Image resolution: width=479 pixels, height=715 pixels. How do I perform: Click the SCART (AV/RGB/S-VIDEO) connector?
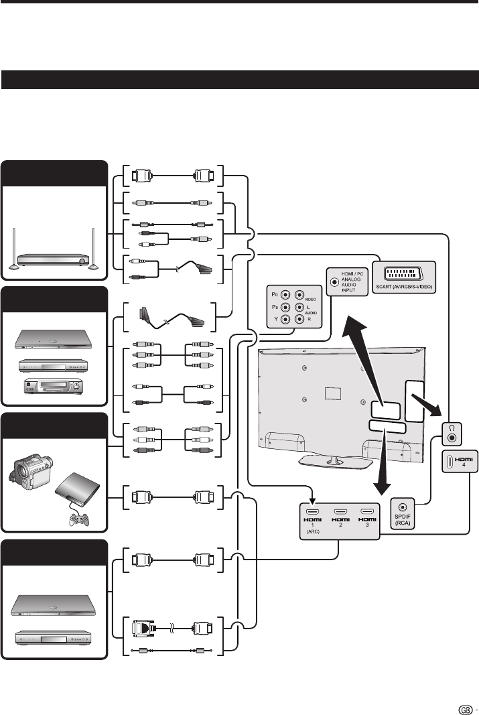[x=404, y=274]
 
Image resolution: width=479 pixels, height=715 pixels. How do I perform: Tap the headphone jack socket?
[x=452, y=438]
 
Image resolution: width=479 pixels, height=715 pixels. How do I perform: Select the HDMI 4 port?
[x=449, y=462]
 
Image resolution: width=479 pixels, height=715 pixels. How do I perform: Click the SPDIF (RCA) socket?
[x=403, y=507]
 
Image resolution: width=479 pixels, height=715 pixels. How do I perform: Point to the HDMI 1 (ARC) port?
[x=313, y=512]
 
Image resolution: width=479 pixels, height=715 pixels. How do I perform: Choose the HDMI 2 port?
[x=340, y=512]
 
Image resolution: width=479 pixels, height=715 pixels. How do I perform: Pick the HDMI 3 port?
[x=367, y=512]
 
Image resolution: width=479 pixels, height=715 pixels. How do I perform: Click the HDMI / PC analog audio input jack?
[x=334, y=282]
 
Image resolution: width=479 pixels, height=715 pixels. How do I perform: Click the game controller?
[x=78, y=519]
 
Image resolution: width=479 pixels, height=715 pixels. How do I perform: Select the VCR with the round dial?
[x=54, y=386]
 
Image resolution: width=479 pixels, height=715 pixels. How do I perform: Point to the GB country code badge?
[x=466, y=710]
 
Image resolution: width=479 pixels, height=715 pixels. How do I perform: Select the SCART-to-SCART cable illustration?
[x=169, y=316]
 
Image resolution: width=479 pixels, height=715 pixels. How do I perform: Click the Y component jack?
[x=286, y=319]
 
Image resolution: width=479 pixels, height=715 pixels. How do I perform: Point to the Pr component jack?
[x=286, y=295]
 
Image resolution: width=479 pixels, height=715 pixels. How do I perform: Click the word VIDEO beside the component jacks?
[x=310, y=300]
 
